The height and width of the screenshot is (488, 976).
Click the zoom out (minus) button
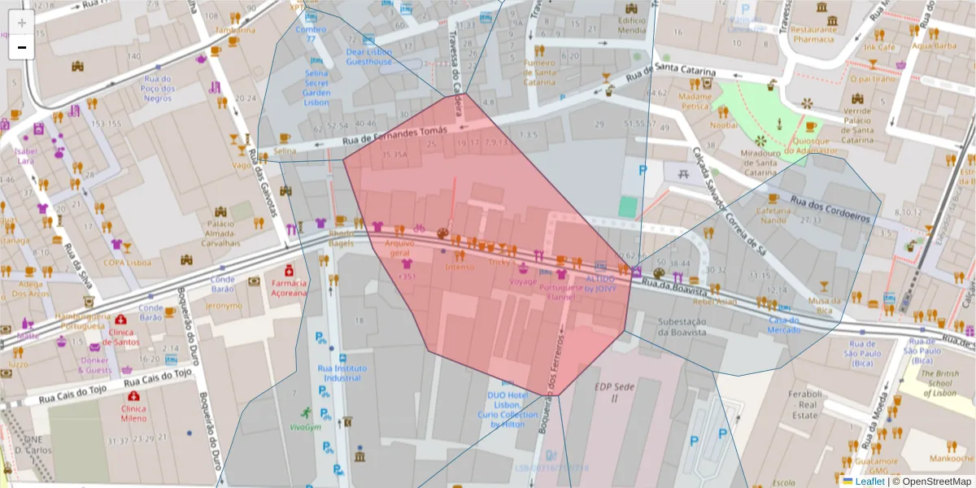[x=21, y=48]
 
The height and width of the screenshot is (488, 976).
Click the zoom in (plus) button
[x=21, y=22]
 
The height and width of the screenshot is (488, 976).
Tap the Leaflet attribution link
[x=869, y=481]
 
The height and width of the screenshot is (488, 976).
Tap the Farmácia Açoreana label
[x=289, y=288]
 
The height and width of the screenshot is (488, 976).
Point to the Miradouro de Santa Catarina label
[x=760, y=163]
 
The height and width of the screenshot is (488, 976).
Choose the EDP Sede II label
[x=613, y=393]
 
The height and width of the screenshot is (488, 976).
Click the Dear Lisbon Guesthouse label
[x=368, y=56]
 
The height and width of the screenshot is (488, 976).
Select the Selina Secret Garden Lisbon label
[x=316, y=87]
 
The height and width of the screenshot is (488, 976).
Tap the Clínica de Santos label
[x=121, y=338]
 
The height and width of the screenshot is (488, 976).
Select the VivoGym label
[x=305, y=427]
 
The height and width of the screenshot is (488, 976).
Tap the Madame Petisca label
[x=695, y=101]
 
